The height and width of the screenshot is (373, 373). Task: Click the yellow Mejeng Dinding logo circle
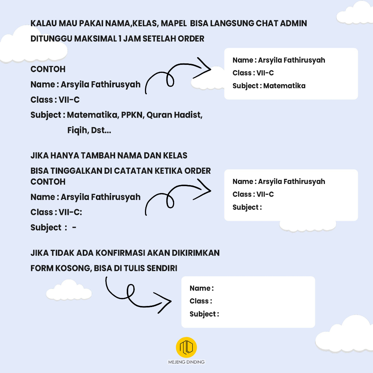pyautogui.click(x=186, y=347)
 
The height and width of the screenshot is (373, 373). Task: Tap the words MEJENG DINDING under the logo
pyautogui.click(x=186, y=362)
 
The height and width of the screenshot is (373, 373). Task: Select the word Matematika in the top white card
pyautogui.click(x=284, y=86)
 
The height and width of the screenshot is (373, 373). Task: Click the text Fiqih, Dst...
pyautogui.click(x=89, y=130)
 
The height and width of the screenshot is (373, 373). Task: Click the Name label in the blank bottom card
pyautogui.click(x=201, y=288)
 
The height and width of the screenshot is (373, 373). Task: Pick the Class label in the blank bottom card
pyautogui.click(x=201, y=301)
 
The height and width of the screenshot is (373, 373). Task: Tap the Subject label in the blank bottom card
pyautogui.click(x=204, y=314)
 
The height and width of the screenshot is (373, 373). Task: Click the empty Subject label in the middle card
pyautogui.click(x=247, y=207)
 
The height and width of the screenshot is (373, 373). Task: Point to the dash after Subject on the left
pyautogui.click(x=74, y=228)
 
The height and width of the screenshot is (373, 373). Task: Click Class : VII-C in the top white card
pyautogui.click(x=253, y=73)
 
